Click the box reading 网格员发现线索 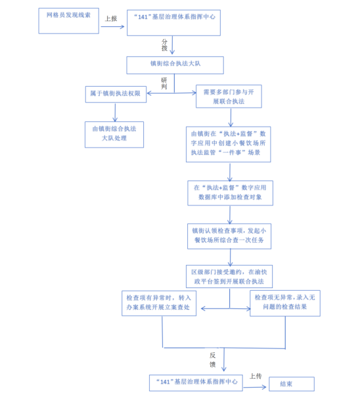pyautogui.click(x=68, y=20)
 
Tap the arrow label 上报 pyautogui.click(x=111, y=18)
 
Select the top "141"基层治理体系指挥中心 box pyautogui.click(x=173, y=23)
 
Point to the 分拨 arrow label pyautogui.click(x=164, y=45)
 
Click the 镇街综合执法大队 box pyautogui.click(x=175, y=65)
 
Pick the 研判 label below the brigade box pyautogui.click(x=164, y=83)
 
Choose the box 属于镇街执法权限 pyautogui.click(x=116, y=94)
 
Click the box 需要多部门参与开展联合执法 pyautogui.click(x=229, y=96)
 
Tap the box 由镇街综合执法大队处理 pyautogui.click(x=114, y=135)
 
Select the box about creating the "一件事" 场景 pyautogui.click(x=229, y=144)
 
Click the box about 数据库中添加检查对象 pyautogui.click(x=230, y=193)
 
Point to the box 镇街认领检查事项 pyautogui.click(x=229, y=236)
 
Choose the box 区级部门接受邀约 pyautogui.click(x=229, y=276)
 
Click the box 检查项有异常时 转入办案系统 pyautogui.click(x=159, y=303)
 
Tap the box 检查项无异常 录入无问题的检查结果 pyautogui.click(x=285, y=303)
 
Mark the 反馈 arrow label pyautogui.click(x=213, y=360)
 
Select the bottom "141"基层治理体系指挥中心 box pyautogui.click(x=196, y=383)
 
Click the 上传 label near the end pyautogui.click(x=256, y=376)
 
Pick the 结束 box pyautogui.click(x=292, y=384)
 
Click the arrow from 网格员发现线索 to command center pyautogui.click(x=112, y=26)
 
